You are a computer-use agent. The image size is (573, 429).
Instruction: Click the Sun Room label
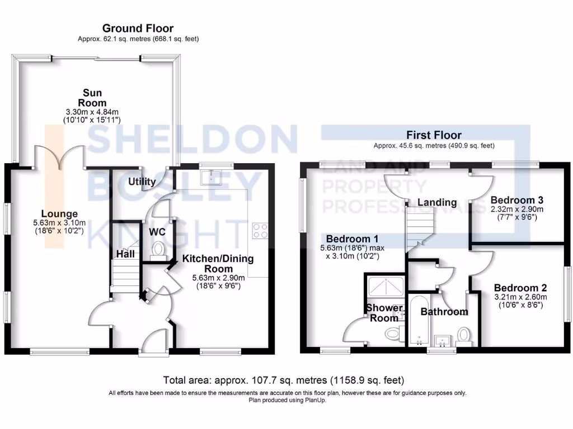point(92,98)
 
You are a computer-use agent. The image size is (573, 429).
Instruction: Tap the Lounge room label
point(59,214)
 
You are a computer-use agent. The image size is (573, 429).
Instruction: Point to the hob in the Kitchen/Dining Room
point(260,230)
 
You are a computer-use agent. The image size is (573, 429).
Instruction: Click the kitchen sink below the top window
point(211,177)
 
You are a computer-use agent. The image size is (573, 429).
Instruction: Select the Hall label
point(125,254)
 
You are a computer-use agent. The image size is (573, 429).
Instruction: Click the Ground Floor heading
point(138,28)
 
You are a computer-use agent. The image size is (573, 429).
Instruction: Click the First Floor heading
point(434,135)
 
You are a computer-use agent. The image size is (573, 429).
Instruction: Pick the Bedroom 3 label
point(517,200)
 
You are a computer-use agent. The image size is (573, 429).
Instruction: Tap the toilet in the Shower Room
point(393,334)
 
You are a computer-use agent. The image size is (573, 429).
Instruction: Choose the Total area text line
point(283,380)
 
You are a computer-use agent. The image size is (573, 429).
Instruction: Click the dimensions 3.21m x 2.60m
point(520,297)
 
